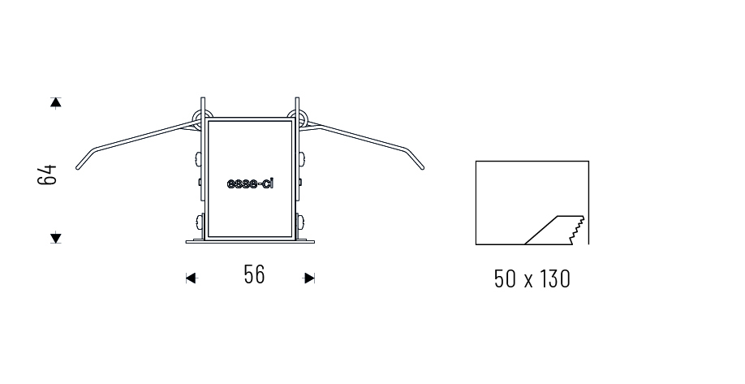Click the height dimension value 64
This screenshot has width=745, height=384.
pyautogui.click(x=47, y=175)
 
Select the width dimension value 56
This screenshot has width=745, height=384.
pyautogui.click(x=254, y=274)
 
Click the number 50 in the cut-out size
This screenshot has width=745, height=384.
pyautogui.click(x=505, y=279)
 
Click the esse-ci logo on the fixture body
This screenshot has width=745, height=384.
pyautogui.click(x=251, y=183)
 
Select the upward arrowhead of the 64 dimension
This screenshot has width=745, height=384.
pyautogui.click(x=56, y=102)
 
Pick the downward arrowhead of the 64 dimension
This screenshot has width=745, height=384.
pyautogui.click(x=56, y=237)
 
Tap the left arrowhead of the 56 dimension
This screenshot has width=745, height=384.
pyautogui.click(x=192, y=278)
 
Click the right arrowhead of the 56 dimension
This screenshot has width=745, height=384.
pyautogui.click(x=309, y=278)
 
